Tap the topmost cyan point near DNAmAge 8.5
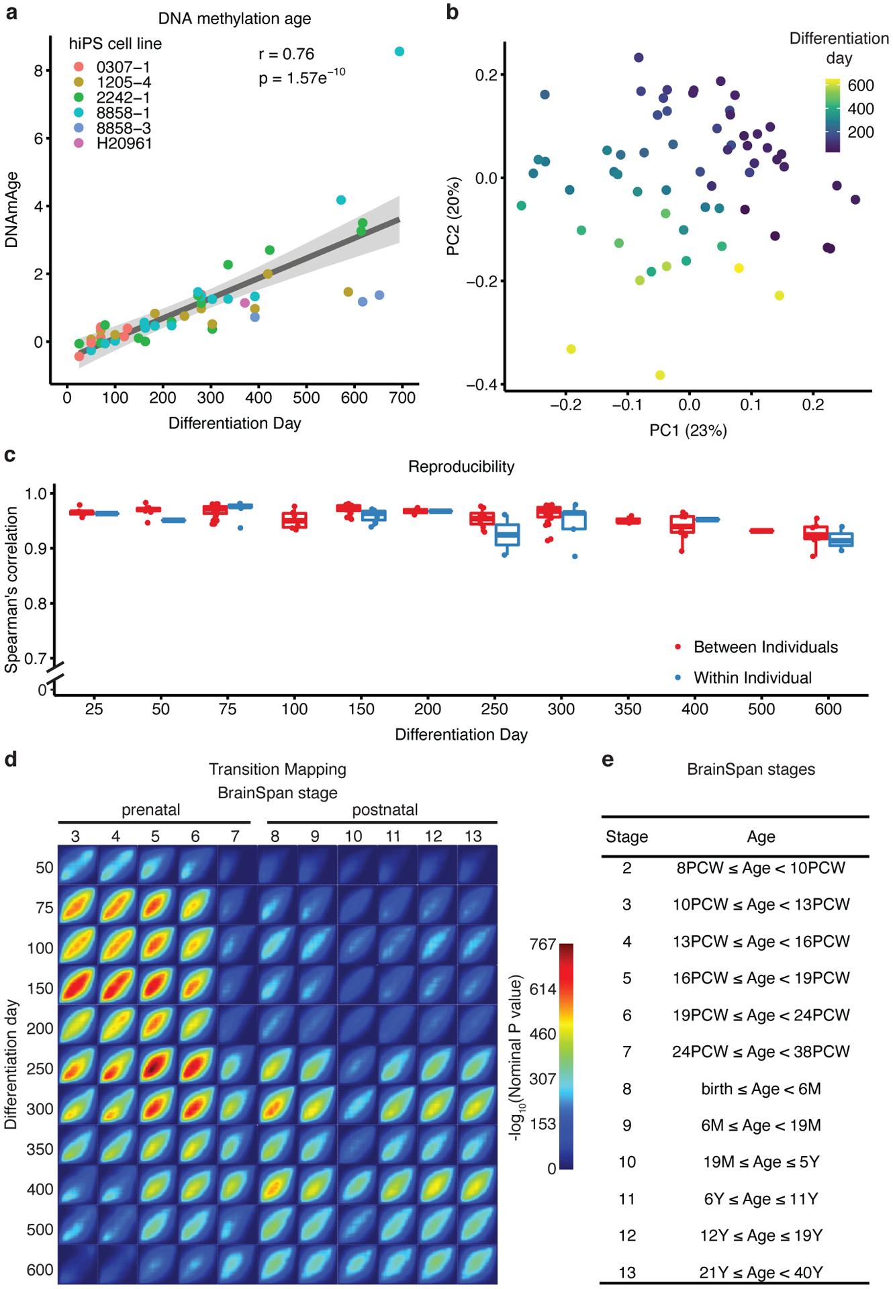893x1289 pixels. pos(399,52)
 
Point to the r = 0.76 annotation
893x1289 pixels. pos(287,54)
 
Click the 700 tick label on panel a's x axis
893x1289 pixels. pos(402,397)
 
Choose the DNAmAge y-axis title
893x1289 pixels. pos(11,209)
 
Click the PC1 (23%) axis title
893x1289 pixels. pos(688,430)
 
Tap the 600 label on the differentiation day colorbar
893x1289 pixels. pos(861,85)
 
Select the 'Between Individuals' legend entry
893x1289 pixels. pos(765,647)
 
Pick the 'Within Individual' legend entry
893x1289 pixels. pos(753,678)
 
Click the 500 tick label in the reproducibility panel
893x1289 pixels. pos(761,710)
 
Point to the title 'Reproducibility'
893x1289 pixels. pos(461,467)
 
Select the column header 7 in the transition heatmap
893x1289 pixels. pos(234,837)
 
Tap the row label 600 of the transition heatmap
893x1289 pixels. pos(40,1270)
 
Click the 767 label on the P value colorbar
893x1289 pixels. pos(543,945)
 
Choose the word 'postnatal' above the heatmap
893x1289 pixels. pos(385,810)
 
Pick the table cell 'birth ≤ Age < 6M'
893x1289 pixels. pos(761,1088)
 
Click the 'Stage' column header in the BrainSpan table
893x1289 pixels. pos(626,837)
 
